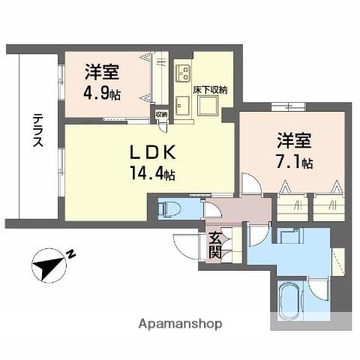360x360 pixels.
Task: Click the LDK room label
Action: coord(153,152)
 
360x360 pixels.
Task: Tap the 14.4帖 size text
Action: coord(152,173)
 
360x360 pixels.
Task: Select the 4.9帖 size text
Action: coord(102,94)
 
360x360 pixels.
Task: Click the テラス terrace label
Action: coord(38,130)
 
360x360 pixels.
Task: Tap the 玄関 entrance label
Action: coord(215,244)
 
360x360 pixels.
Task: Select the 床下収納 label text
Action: coord(210,90)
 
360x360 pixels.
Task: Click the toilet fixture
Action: coord(169,209)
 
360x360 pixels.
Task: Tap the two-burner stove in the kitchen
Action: coord(183,73)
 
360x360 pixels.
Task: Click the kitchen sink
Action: coord(182,106)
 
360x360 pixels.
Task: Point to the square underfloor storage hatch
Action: coord(208,106)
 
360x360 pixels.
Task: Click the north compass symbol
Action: coord(49,265)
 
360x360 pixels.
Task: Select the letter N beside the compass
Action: coord(71,254)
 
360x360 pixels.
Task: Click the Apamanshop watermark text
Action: coord(180,324)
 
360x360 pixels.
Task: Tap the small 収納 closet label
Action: coord(161,115)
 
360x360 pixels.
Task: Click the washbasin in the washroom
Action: coord(290,236)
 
